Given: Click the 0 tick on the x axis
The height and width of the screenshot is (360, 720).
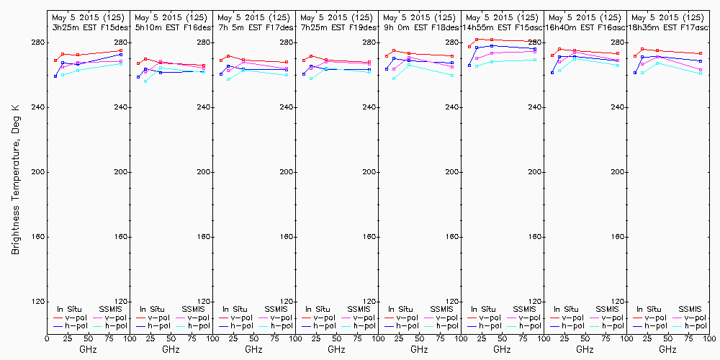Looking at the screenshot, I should [x=48, y=337].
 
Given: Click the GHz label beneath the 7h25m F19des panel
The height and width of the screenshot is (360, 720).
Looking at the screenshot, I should [x=336, y=349].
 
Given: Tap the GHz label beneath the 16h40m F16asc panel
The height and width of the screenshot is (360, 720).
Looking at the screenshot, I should [x=585, y=349].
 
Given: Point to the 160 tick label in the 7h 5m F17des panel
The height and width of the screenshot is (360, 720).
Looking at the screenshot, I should [x=287, y=237].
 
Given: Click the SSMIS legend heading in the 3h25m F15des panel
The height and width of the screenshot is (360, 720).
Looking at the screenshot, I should [x=111, y=309].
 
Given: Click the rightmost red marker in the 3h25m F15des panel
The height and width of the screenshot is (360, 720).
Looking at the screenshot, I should [x=121, y=51].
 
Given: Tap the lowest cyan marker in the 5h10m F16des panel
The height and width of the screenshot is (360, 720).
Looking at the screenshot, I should [x=145, y=81].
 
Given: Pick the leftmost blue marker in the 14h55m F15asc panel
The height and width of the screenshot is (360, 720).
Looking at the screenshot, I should [x=469, y=66].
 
